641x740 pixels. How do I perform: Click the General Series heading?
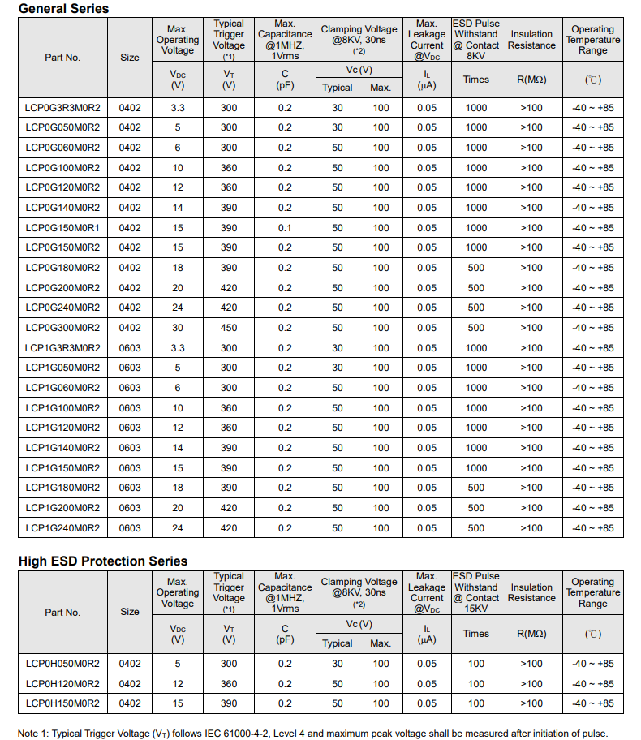[x=63, y=8]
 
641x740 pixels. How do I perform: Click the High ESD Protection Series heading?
[x=102, y=561]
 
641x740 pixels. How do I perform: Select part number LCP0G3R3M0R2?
[x=62, y=107]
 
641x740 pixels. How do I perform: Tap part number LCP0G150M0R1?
[x=62, y=228]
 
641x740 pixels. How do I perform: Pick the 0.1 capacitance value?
[x=285, y=228]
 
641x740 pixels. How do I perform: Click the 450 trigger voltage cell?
[x=229, y=328]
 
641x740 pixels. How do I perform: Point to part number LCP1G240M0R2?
[x=62, y=528]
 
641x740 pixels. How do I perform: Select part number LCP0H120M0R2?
[x=62, y=684]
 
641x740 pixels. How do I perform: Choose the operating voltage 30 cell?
[x=178, y=328]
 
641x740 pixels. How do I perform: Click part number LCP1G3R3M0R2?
[x=62, y=348]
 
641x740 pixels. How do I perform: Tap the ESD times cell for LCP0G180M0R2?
[x=476, y=268]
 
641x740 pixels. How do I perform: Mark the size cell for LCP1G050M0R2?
[x=130, y=368]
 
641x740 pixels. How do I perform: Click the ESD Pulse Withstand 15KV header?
[x=476, y=592]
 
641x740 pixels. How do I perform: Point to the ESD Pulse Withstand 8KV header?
[x=476, y=40]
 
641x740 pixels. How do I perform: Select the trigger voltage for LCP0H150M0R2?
[x=229, y=703]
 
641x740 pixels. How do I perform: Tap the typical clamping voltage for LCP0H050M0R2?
[x=338, y=664]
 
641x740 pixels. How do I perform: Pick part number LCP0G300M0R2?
[x=62, y=328]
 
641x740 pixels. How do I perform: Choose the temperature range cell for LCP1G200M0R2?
[x=593, y=508]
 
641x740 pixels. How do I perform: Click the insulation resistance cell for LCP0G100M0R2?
[x=531, y=168]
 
